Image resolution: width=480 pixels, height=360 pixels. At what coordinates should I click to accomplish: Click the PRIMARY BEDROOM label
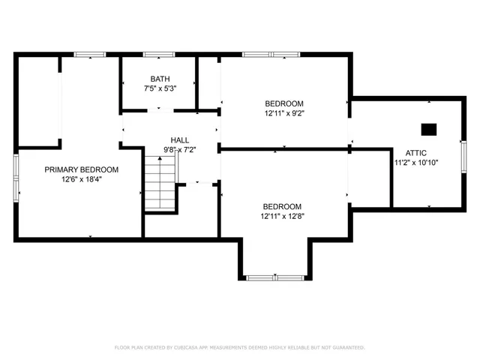pos(81,169)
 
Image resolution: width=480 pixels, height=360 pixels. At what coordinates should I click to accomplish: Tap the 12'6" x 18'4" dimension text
pos(81,179)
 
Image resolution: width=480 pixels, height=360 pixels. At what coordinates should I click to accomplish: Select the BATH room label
pos(159,79)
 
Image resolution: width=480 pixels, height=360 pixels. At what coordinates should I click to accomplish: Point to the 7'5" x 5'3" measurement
pos(159,88)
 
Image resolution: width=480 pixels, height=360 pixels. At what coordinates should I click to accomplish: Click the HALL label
pos(180,139)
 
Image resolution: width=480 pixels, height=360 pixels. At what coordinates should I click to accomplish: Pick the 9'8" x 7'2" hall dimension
pos(180,149)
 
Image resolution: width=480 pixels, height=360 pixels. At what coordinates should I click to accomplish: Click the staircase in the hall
pos(159,183)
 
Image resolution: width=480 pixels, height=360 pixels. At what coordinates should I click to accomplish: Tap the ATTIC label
pos(416,152)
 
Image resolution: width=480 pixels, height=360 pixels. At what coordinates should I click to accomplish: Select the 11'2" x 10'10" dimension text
pos(416,162)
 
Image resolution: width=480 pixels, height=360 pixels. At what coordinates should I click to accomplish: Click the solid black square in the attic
pos(428,129)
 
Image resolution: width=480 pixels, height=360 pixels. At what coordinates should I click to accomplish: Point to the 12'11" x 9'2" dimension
pos(284,114)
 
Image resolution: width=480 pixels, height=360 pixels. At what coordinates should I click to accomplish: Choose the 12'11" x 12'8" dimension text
pos(282,216)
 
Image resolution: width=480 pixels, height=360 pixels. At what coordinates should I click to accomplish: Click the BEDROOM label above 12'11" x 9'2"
pos(284,103)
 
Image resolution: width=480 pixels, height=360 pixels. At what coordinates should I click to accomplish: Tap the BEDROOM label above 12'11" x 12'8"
pos(282,206)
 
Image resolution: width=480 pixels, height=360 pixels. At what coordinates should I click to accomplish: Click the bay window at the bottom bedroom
pos(274,277)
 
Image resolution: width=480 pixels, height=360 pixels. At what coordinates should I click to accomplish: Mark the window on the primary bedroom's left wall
pos(16,178)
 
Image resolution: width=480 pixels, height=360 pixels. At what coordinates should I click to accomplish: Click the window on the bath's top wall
pos(159,54)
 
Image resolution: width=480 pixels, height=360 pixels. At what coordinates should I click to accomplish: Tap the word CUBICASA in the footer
pos(193,348)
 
